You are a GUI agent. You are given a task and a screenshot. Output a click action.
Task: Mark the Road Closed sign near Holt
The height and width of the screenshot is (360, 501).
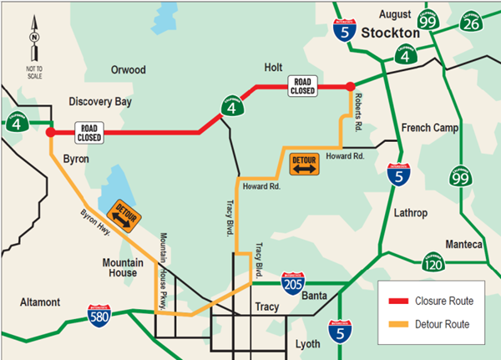pyautogui.click(x=302, y=85)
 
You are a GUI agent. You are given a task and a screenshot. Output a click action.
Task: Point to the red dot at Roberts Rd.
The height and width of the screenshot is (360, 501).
pyautogui.click(x=350, y=86)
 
